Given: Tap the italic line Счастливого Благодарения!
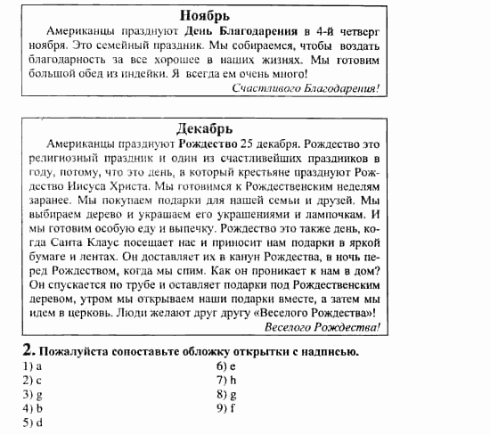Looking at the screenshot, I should pyautogui.click(x=306, y=89).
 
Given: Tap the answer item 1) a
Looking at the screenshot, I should pyautogui.click(x=33, y=365).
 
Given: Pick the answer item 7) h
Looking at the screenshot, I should pyautogui.click(x=225, y=380).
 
